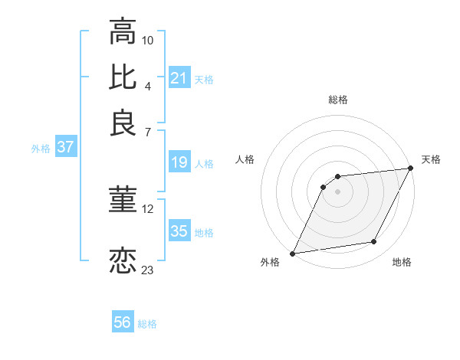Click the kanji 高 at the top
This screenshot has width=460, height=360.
[123, 31]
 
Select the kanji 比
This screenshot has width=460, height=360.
[123, 76]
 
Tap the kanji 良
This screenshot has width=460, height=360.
[123, 123]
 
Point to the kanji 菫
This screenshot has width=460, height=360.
[123, 201]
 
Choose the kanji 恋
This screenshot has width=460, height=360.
[123, 260]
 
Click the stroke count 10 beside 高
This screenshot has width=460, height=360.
[148, 39]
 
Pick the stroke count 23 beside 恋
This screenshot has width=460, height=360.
[148, 269]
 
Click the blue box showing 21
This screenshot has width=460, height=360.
[179, 78]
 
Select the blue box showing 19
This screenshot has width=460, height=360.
[179, 162]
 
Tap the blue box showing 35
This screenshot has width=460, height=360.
[179, 231]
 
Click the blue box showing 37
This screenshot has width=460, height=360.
[65, 148]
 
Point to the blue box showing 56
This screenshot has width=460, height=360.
[123, 323]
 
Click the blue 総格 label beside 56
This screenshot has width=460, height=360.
[147, 324]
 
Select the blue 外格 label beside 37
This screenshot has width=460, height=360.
[41, 149]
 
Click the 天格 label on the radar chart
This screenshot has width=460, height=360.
[431, 159]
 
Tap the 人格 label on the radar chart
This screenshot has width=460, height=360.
[245, 159]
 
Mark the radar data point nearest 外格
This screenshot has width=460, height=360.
[293, 253]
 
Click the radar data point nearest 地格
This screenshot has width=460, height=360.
[374, 242]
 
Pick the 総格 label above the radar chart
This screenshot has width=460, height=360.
[338, 100]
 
